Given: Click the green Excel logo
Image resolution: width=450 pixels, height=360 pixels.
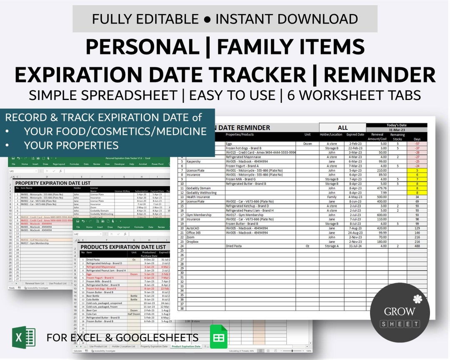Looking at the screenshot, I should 23,337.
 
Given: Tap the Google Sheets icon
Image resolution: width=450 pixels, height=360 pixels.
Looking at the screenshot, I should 218,337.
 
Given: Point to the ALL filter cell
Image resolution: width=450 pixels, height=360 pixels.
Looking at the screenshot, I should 342,128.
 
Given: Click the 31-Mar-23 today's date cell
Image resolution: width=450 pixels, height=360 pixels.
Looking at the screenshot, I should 396,130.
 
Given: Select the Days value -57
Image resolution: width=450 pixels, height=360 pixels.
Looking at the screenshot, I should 417,143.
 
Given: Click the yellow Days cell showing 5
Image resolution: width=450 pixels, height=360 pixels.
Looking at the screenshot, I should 417,170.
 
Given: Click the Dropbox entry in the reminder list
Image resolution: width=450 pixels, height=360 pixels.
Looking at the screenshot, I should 193,242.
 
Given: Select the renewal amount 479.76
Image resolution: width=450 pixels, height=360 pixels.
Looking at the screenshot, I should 381,188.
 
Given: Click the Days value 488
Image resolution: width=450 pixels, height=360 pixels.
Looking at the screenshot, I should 417,246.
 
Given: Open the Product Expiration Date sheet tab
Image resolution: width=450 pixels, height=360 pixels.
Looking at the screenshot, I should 186,346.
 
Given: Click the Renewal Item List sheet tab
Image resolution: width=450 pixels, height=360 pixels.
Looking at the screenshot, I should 35,283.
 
